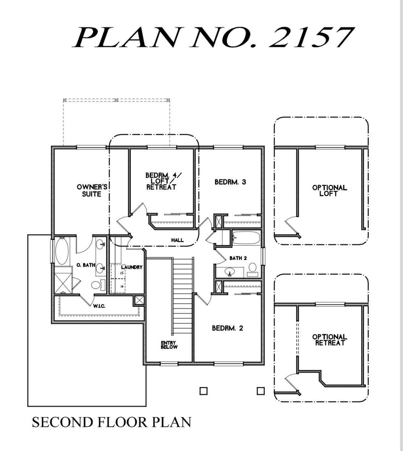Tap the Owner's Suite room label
(92, 190)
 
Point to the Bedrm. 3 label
(230, 182)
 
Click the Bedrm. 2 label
(228, 328)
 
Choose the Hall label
(177, 240)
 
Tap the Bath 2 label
(238, 258)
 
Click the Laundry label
(132, 267)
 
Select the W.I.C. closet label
(99, 306)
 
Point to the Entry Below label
(169, 345)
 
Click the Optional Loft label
(329, 190)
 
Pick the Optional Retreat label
(329, 340)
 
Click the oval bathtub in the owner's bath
(62, 251)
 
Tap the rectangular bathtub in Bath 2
(246, 238)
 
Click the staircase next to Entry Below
(182, 295)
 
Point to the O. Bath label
(86, 265)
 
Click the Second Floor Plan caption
(111, 422)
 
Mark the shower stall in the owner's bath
(63, 283)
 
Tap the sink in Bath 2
(229, 272)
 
